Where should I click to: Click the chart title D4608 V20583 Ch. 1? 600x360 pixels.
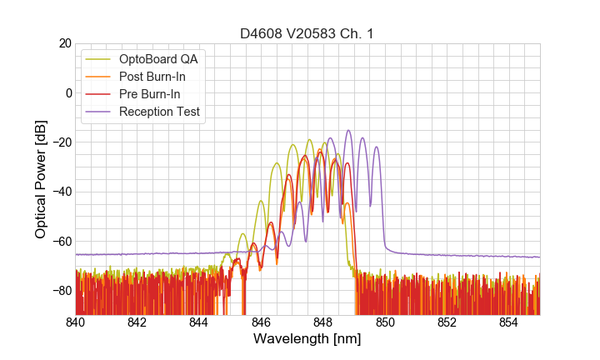point(307,33)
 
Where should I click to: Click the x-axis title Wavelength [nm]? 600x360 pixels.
point(307,339)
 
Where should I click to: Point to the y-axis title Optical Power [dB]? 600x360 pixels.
point(41,179)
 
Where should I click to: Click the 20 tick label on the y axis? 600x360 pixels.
point(65,43)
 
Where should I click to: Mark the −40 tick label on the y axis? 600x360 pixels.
point(60,192)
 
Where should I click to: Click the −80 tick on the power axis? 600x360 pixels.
point(60,291)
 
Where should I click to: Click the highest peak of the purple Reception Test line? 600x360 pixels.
point(348,130)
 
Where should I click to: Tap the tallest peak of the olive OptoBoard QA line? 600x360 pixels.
point(310,140)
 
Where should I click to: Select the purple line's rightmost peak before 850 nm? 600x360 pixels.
point(377,147)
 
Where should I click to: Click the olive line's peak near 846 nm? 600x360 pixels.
point(261,200)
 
